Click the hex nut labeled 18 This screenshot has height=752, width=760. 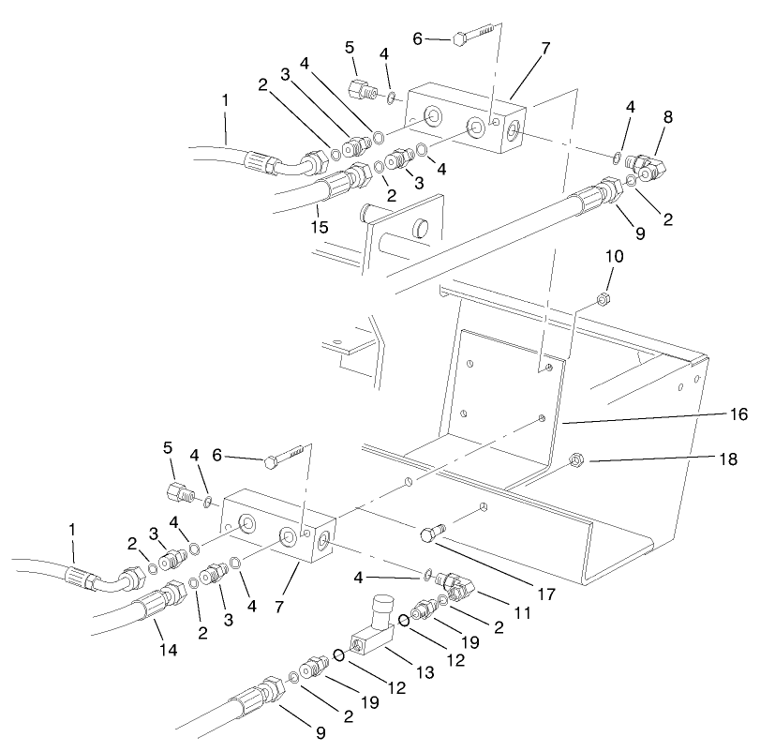[576, 460]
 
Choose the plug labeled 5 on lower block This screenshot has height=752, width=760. [179, 492]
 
